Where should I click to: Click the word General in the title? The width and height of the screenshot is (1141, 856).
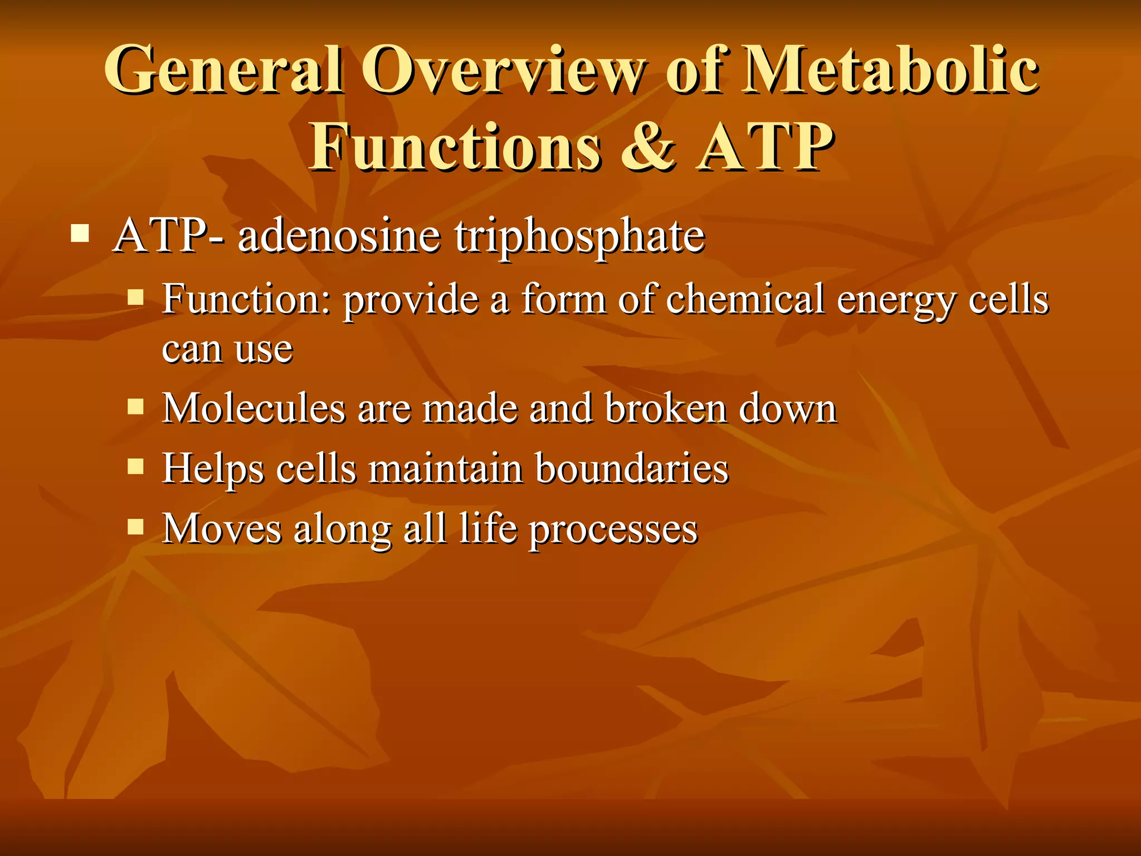(223, 71)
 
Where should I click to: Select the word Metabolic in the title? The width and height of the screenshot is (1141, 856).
(891, 71)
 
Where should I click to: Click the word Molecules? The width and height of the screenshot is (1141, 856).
(254, 408)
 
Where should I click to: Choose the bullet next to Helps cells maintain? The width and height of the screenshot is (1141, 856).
(135, 466)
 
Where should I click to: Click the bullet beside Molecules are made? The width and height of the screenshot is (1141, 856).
(135, 406)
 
